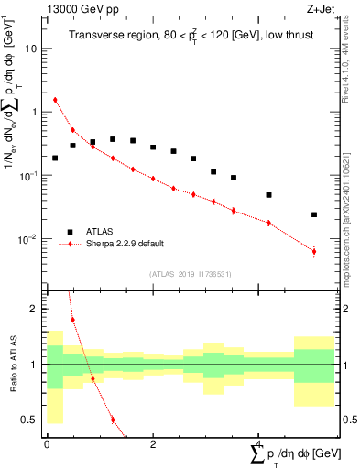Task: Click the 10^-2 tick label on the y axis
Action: coord(28,239)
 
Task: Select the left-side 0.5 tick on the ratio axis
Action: coord(32,420)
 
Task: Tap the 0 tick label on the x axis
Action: coord(47,443)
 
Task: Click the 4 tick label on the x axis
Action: coord(259,443)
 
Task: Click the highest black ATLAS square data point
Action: coord(113,139)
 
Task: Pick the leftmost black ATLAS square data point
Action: coord(55,158)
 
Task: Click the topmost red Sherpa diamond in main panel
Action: coord(55,100)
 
